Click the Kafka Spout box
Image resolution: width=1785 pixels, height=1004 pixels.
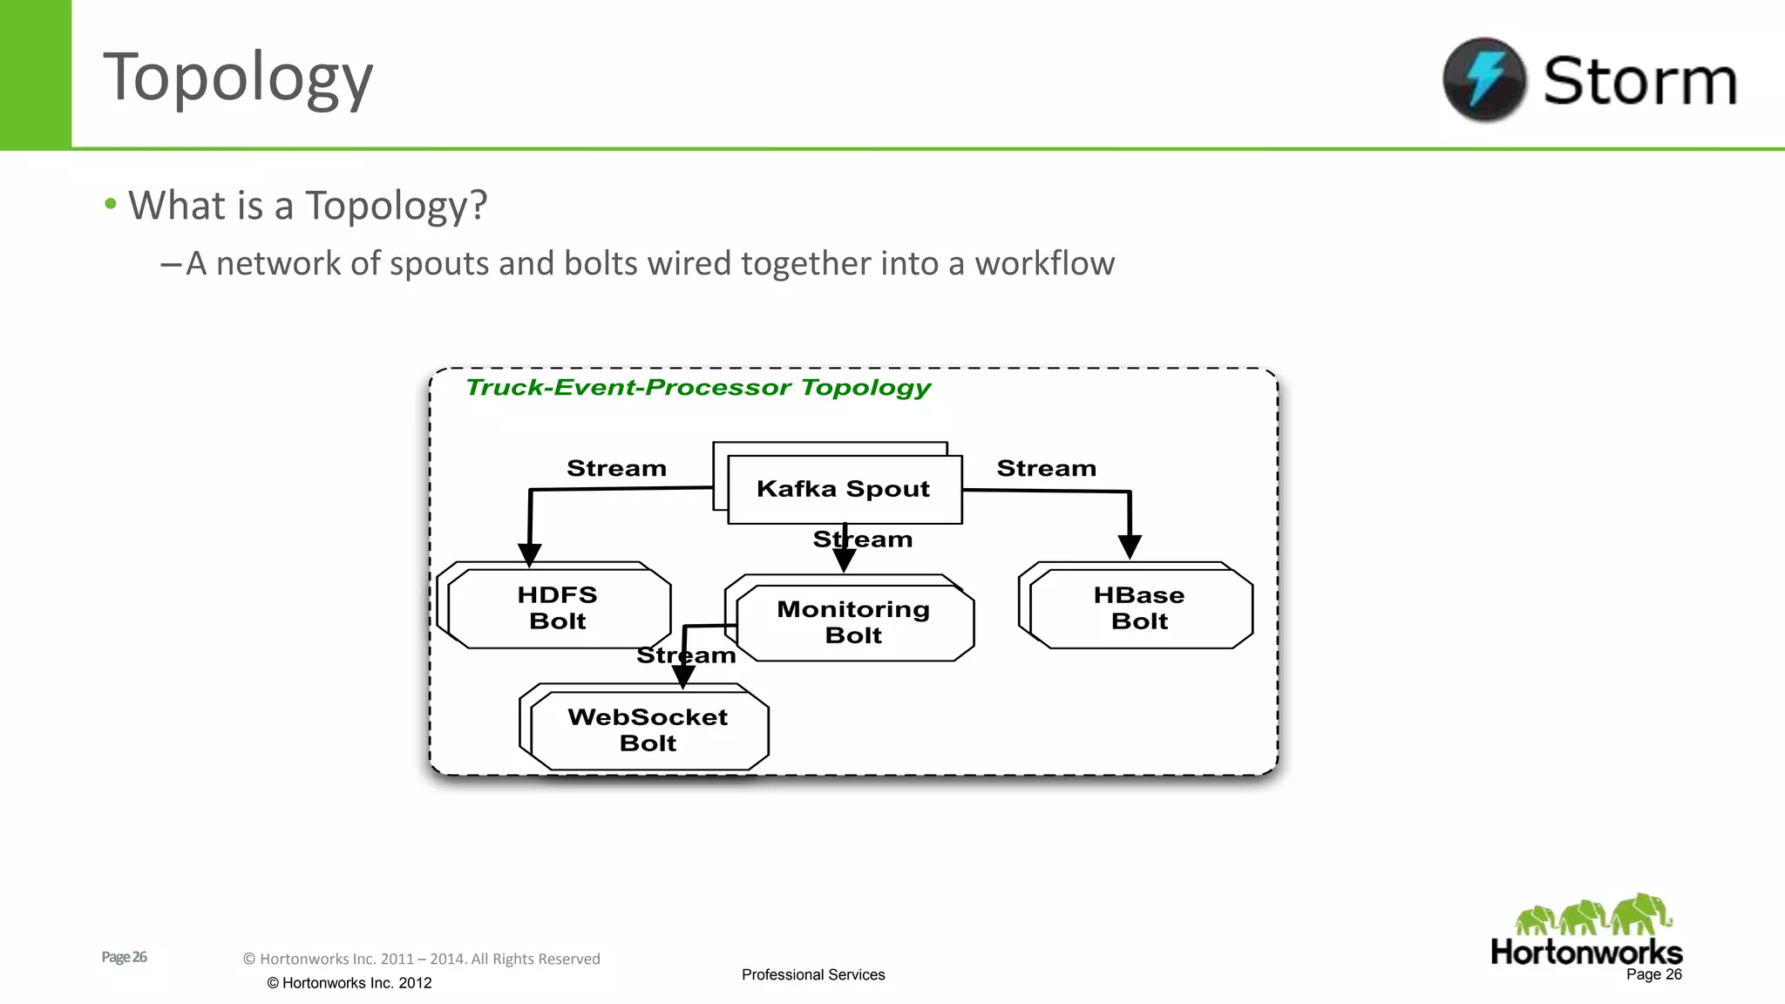tap(844, 489)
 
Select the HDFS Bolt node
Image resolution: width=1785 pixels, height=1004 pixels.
tap(558, 608)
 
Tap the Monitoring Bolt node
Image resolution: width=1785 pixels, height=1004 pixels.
tap(854, 621)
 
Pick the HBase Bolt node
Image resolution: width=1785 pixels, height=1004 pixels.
tap(1139, 608)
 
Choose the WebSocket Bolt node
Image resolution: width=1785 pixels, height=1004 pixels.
tap(648, 730)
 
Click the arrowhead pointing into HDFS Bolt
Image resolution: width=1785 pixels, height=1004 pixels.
tap(530, 554)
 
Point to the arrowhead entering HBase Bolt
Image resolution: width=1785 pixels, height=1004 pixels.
tap(1130, 547)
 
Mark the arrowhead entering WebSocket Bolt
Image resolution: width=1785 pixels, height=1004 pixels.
tap(683, 676)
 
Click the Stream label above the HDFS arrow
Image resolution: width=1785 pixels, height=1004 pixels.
tap(616, 469)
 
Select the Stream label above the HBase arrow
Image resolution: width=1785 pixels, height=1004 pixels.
tap(1046, 469)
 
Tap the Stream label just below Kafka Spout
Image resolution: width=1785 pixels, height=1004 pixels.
tap(863, 539)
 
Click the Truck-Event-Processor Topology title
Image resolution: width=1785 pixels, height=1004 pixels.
tap(698, 388)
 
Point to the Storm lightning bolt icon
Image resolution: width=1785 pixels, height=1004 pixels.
tap(1484, 79)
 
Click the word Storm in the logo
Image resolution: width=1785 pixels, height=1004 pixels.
tap(1640, 81)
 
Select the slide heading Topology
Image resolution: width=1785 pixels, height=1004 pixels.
tap(238, 78)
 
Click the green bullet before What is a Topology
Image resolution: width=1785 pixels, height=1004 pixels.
tap(111, 204)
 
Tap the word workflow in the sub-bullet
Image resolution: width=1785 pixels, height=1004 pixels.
tap(1044, 263)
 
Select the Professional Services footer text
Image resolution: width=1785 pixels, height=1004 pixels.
tap(813, 974)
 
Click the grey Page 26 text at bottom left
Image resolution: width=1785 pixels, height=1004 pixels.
tap(124, 957)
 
